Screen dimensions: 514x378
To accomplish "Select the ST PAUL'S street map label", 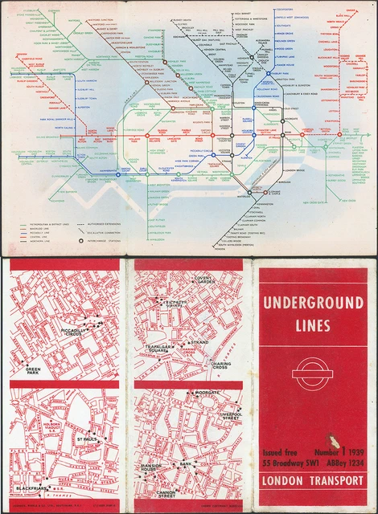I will coord(86,439).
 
